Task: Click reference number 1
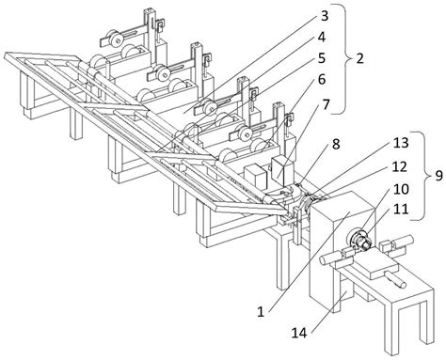(261, 312)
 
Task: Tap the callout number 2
(359, 58)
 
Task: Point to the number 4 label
(322, 38)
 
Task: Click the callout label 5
(322, 58)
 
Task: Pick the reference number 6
(322, 80)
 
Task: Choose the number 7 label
(327, 104)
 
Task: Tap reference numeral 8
(336, 145)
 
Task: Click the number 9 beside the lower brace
(438, 176)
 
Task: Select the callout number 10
(401, 189)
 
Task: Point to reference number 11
(401, 209)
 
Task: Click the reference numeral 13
(401, 143)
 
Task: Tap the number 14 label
(299, 333)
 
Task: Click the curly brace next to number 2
(343, 58)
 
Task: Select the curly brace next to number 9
(422, 176)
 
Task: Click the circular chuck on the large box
(358, 241)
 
